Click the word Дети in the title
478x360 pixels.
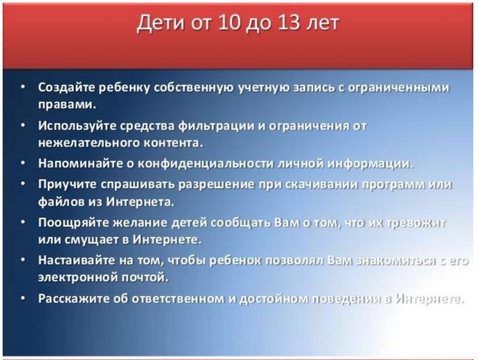[161, 23]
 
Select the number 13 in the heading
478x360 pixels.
[288, 23]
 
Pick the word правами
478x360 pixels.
[67, 105]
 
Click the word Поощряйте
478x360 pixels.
[73, 223]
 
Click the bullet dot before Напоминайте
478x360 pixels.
[23, 163]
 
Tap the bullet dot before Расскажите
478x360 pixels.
[23, 298]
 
